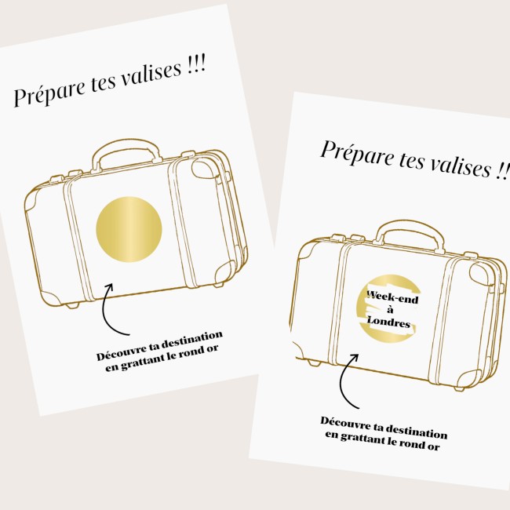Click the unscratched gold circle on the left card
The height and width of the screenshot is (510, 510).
click(129, 229)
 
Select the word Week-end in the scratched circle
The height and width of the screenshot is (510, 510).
click(392, 297)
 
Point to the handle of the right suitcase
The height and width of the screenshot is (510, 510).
click(410, 231)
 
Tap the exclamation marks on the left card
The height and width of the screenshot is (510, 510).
click(197, 64)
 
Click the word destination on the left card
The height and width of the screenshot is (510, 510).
click(192, 340)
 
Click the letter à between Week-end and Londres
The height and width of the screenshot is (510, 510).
click(390, 309)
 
